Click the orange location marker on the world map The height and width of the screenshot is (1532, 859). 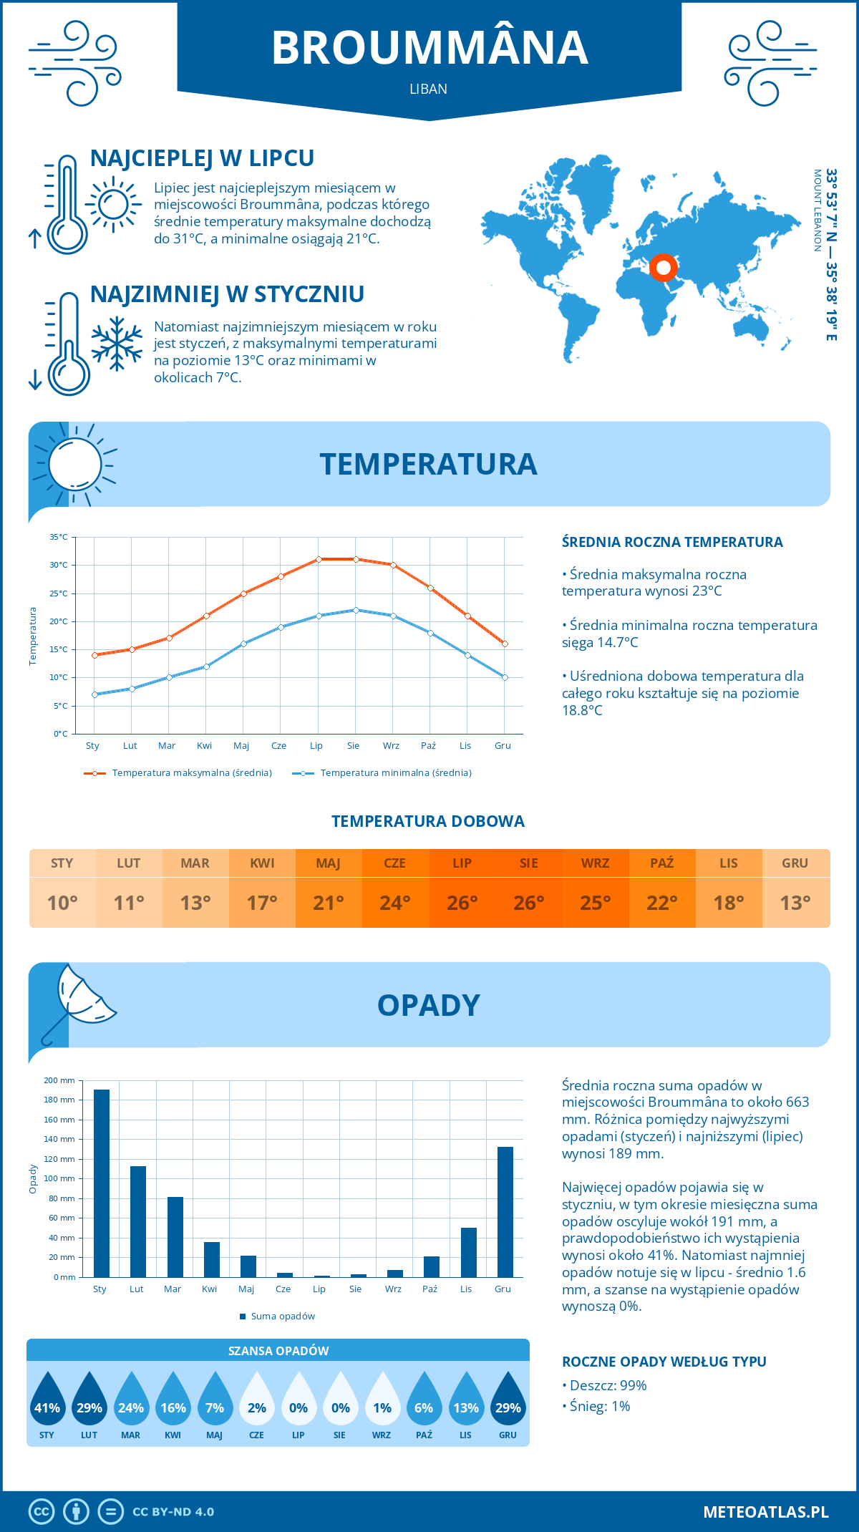[664, 268]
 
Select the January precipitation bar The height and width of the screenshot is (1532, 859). [102, 1183]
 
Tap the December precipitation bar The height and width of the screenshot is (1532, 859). [505, 1211]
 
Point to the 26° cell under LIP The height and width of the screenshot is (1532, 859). [462, 903]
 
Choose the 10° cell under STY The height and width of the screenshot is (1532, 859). [62, 903]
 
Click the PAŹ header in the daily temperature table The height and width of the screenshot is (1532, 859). [662, 863]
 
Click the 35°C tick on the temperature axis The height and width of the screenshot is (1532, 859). [59, 537]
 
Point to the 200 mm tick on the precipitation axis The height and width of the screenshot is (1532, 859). [59, 1080]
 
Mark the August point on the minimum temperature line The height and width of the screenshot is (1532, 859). [356, 610]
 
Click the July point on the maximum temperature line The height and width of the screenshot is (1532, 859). [319, 559]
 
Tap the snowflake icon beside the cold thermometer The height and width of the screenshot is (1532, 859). [117, 344]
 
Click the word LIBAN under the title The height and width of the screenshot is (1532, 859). [429, 89]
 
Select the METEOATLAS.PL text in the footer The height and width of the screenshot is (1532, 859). [766, 1511]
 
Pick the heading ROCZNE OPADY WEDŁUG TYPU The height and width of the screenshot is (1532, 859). [664, 1362]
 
